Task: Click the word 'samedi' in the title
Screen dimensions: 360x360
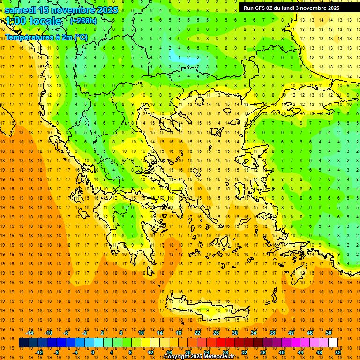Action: pyautogui.click(x=23, y=10)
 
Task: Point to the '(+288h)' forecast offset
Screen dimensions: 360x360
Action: pyautogui.click(x=84, y=21)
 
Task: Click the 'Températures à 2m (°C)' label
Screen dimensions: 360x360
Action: pyautogui.click(x=46, y=37)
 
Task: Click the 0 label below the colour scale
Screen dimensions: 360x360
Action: pyautogui.click(x=92, y=352)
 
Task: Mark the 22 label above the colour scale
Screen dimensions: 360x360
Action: pyautogui.click(x=197, y=333)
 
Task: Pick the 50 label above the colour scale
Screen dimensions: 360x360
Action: pyautogui.click(x=329, y=333)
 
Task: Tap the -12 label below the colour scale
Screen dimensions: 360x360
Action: pyautogui.click(x=39, y=352)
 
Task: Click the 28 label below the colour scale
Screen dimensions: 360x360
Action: pyautogui.click(x=225, y=352)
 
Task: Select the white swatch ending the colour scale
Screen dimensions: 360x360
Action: pyautogui.click(x=333, y=343)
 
